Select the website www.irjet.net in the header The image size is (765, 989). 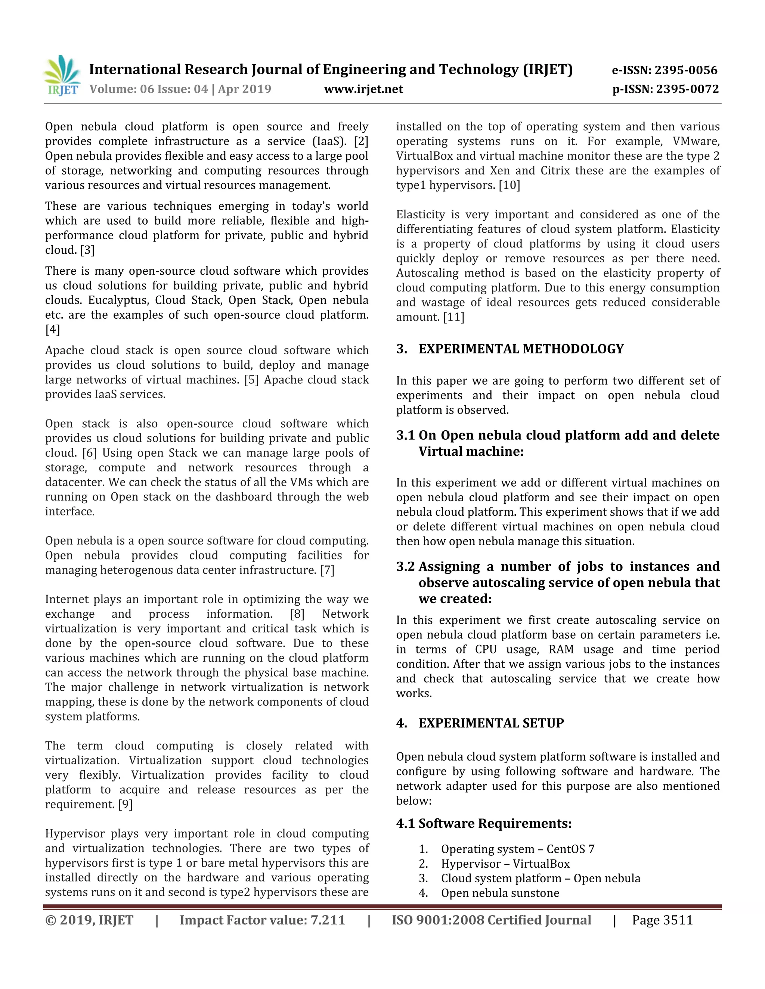pos(363,89)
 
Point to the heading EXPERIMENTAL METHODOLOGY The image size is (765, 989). pos(521,349)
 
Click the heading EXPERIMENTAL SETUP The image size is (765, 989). pos(491,723)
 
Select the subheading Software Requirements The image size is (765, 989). pos(495,823)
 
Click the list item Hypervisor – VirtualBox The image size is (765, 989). pos(505,864)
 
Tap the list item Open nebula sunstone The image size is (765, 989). pos(500,893)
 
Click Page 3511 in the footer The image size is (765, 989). pos(662,920)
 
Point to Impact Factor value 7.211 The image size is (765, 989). pos(262,920)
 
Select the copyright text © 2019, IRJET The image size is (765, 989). pos(89,920)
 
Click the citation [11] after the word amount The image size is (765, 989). pos(455,317)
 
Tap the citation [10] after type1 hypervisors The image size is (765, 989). pos(510,185)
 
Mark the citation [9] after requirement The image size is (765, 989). pos(125,804)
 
